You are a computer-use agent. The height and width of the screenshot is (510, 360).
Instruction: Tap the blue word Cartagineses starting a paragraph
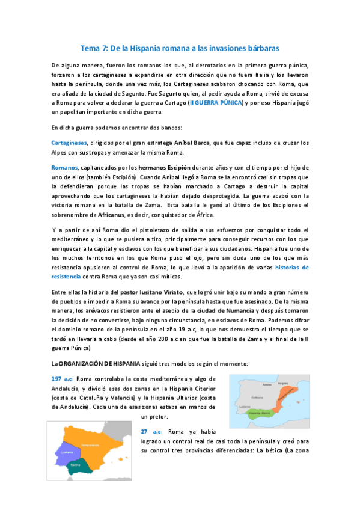click(x=69, y=143)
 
